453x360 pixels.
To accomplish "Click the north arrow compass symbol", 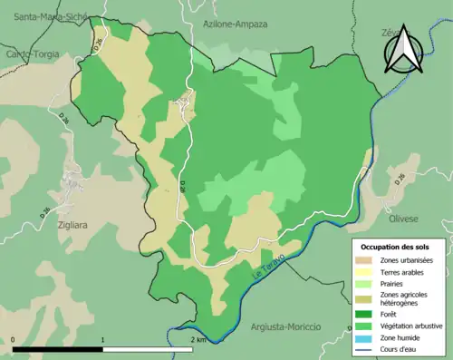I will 404,51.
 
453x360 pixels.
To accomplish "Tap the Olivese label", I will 403,219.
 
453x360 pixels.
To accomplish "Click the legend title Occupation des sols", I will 395,247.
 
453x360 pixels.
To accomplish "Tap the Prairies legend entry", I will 394,282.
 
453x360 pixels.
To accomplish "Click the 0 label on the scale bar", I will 14,339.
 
